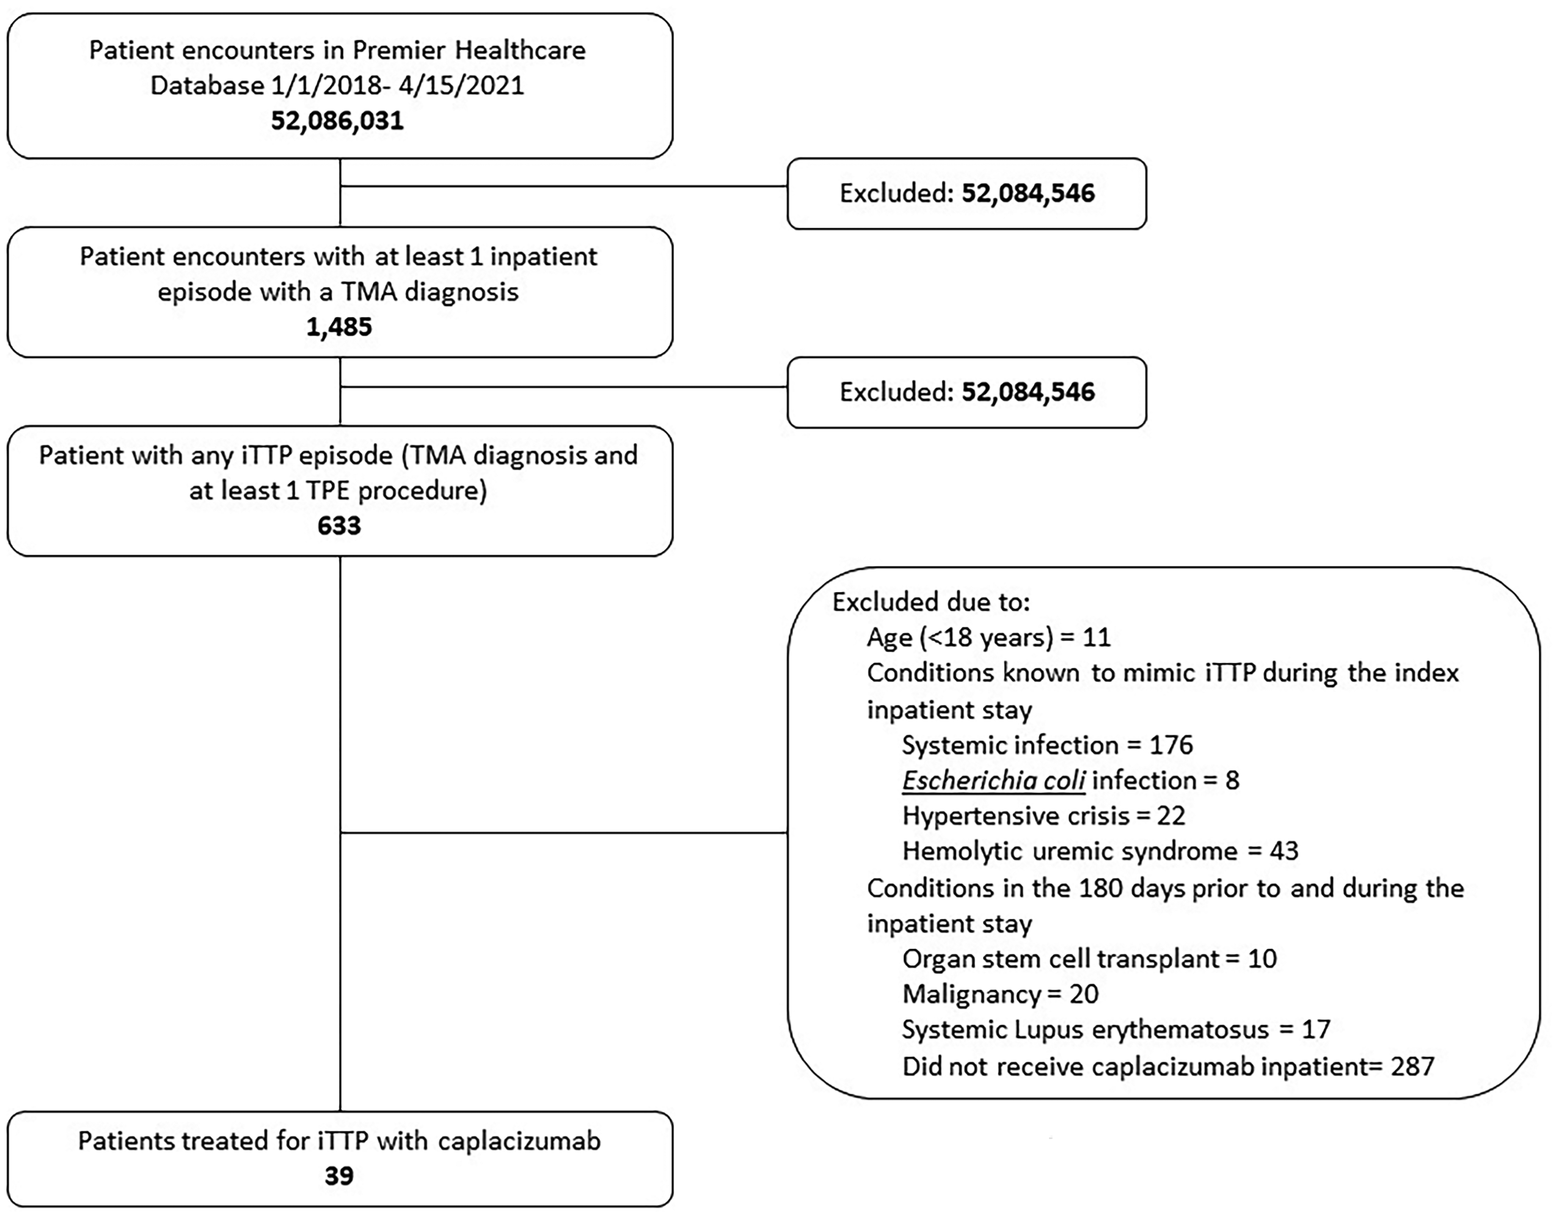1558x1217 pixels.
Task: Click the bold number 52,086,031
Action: [337, 120]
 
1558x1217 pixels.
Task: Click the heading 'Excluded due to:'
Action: [931, 602]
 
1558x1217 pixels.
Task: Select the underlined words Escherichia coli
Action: [994, 780]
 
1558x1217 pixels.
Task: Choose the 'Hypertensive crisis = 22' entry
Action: [1043, 815]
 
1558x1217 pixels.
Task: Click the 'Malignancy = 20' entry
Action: [1000, 994]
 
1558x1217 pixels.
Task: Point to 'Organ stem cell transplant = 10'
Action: [1089, 958]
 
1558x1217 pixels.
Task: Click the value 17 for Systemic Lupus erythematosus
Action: [1316, 1029]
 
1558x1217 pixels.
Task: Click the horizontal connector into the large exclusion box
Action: [564, 832]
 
